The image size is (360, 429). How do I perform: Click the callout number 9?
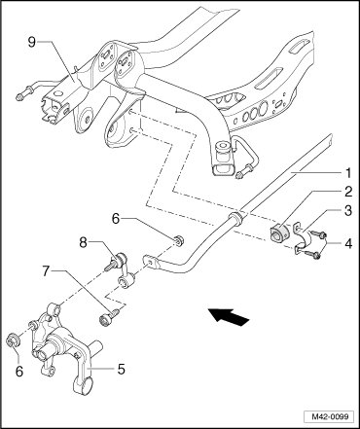pyautogui.click(x=31, y=42)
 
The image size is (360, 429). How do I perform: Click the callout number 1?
pyautogui.click(x=348, y=173)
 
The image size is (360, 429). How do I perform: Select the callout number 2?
pyautogui.click(x=348, y=192)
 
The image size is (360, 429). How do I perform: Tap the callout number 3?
pyautogui.click(x=348, y=211)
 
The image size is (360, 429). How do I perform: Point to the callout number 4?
pyautogui.click(x=348, y=244)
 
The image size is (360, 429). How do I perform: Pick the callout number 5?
pyautogui.click(x=121, y=369)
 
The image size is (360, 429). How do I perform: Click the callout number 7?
pyautogui.click(x=47, y=270)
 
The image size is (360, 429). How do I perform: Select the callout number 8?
pyautogui.click(x=84, y=242)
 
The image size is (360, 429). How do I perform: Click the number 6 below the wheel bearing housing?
pyautogui.click(x=19, y=372)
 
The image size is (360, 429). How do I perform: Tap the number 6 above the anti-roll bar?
pyautogui.click(x=116, y=219)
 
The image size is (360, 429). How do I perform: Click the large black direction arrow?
pyautogui.click(x=229, y=316)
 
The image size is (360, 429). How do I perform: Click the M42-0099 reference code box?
pyautogui.click(x=329, y=416)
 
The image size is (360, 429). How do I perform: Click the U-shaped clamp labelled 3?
pyautogui.click(x=303, y=239)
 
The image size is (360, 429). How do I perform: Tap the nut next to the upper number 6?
pyautogui.click(x=178, y=240)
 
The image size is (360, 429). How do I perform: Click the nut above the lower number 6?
pyautogui.click(x=14, y=340)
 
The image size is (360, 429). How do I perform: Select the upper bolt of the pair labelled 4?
pyautogui.click(x=318, y=233)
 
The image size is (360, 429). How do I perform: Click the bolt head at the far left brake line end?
pyautogui.click(x=20, y=97)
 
